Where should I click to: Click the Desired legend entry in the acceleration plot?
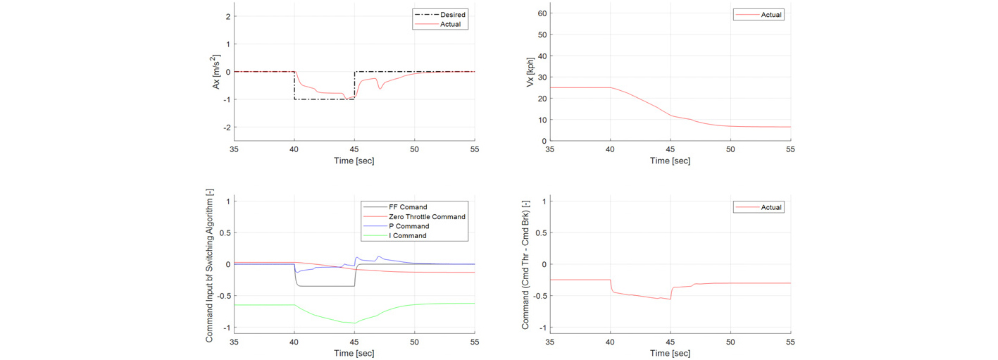(453, 15)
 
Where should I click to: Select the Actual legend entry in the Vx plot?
(771, 15)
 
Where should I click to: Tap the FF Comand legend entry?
(408, 207)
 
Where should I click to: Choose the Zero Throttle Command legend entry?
(427, 216)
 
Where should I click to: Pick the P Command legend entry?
(408, 226)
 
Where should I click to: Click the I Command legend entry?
(407, 236)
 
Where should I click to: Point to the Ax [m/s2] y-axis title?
(216, 72)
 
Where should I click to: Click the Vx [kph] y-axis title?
(530, 72)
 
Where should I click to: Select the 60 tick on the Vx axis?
(542, 13)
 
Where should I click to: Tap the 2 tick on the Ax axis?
(228, 16)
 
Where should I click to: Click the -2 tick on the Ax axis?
(227, 128)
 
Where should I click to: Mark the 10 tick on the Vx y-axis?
(542, 120)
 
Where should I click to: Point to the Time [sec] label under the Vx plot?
(670, 161)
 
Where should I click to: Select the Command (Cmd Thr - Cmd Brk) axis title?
(525, 265)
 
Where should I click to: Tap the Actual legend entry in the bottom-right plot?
(771, 207)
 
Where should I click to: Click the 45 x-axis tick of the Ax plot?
(354, 149)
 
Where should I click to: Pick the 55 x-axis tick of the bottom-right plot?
(790, 342)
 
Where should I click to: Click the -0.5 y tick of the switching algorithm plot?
(224, 296)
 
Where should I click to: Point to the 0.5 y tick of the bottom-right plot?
(541, 232)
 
